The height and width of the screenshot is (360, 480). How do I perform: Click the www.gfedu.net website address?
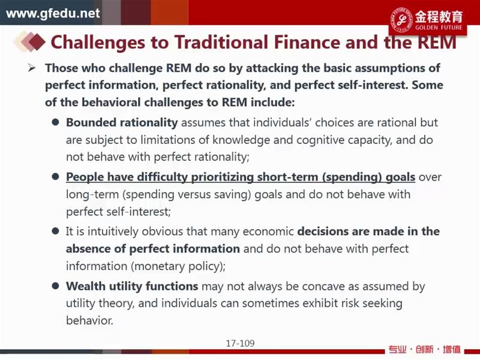(x=53, y=13)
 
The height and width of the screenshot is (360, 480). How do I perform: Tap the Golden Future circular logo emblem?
(x=401, y=19)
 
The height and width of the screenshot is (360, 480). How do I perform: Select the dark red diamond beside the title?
(x=37, y=41)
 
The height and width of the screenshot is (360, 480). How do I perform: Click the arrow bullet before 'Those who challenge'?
(x=32, y=68)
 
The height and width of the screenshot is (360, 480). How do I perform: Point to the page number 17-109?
(x=241, y=343)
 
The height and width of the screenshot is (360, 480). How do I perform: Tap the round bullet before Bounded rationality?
(x=55, y=122)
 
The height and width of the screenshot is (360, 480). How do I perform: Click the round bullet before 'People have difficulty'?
(x=55, y=177)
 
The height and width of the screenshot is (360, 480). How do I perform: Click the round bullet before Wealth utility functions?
(x=55, y=286)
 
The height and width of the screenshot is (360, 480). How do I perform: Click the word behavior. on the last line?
(x=89, y=320)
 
